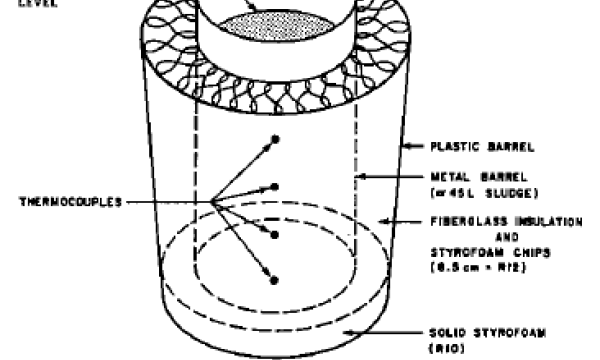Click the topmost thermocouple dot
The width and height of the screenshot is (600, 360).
coord(274,139)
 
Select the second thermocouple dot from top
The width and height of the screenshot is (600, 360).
coord(274,187)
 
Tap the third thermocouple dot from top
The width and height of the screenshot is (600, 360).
coord(274,234)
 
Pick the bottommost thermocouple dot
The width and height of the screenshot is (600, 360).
coord(274,281)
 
